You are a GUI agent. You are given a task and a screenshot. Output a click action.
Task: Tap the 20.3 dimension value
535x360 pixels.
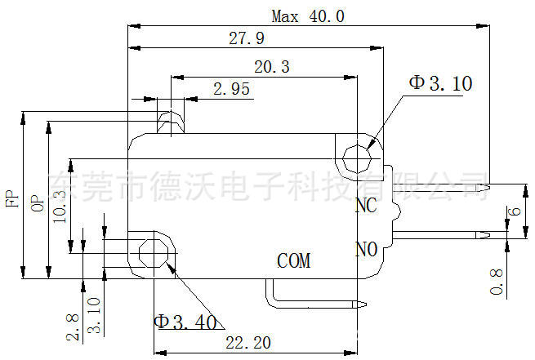click(x=271, y=68)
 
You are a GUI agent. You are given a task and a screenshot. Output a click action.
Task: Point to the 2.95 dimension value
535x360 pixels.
click(x=231, y=90)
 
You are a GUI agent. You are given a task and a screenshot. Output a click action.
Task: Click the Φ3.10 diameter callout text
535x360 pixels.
click(x=440, y=82)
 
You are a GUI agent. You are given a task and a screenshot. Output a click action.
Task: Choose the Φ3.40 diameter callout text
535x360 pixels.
click(x=187, y=321)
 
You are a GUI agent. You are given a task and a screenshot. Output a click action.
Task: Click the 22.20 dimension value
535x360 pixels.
click(x=249, y=343)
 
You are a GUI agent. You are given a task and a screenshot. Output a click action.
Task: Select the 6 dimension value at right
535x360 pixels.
click(x=514, y=211)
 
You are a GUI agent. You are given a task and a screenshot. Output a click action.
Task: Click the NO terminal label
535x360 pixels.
click(x=366, y=248)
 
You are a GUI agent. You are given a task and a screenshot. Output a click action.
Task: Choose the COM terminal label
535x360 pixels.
click(x=294, y=261)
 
